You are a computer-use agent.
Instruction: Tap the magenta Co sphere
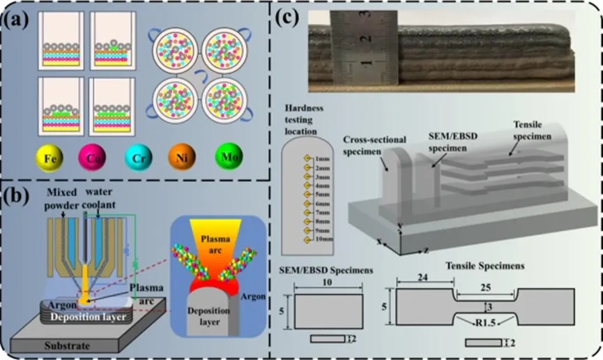(x=90, y=158)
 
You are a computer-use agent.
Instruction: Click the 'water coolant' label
(x=109, y=194)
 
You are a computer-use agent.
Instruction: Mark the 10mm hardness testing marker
(x=306, y=240)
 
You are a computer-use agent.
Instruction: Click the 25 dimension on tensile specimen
(x=486, y=287)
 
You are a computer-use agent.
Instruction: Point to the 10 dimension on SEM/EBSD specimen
(x=328, y=283)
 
